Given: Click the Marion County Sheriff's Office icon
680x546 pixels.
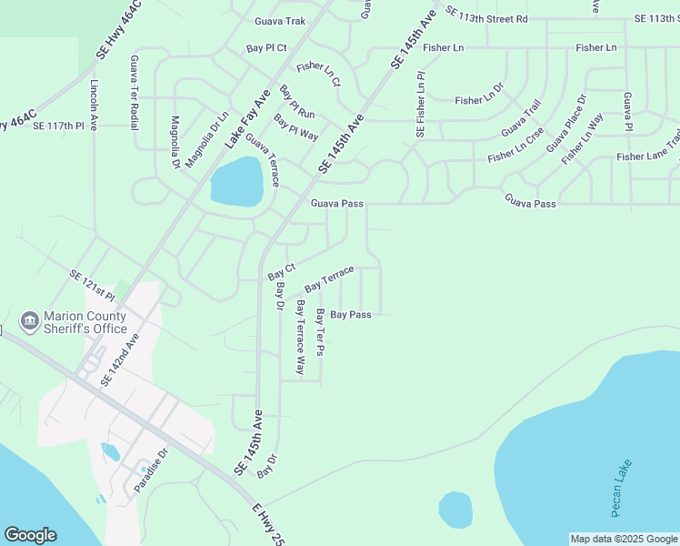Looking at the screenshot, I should (30, 320).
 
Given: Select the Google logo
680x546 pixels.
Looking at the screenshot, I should (30, 535).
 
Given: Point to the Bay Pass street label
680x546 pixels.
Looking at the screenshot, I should (350, 314).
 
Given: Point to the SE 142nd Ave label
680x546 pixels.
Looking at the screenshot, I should (121, 359).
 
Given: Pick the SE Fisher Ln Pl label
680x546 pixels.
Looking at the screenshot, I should (420, 105).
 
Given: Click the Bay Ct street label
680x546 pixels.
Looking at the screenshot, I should (282, 270).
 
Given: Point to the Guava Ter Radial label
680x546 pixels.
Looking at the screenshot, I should (135, 92).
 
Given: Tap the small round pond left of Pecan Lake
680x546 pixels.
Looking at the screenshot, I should (455, 510).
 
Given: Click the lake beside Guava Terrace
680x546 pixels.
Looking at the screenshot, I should (236, 181).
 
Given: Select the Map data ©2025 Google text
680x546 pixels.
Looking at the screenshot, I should (624, 539).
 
